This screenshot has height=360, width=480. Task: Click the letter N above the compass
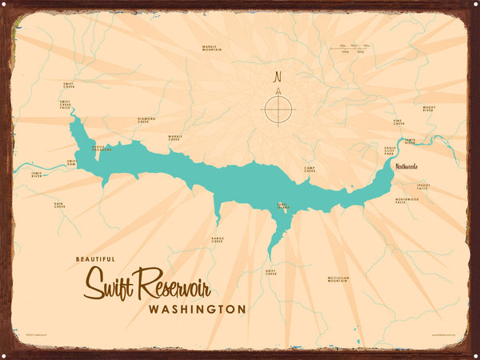[278, 78]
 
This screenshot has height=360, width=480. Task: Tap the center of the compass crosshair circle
[278, 109]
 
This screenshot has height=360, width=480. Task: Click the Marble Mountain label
[212, 48]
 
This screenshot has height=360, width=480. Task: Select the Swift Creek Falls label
[65, 105]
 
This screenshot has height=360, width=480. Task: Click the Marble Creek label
[175, 138]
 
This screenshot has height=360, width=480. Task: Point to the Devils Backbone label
[102, 150]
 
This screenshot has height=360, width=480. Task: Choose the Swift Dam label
[71, 162]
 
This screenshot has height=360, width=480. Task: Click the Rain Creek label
[59, 205]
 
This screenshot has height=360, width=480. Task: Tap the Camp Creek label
[310, 170]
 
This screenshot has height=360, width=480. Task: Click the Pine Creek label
[398, 123]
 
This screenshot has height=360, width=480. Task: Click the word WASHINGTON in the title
[196, 309]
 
